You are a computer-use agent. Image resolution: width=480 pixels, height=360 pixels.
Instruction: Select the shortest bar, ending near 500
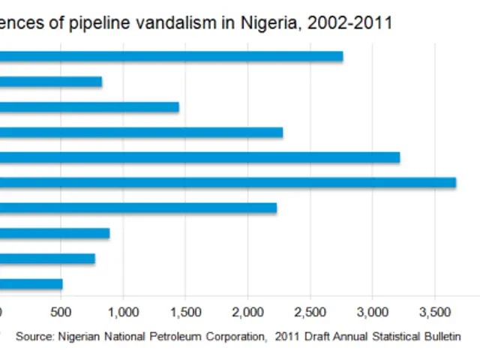[x=31, y=283]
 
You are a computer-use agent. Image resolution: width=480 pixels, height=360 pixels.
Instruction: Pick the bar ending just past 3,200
[x=199, y=157]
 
